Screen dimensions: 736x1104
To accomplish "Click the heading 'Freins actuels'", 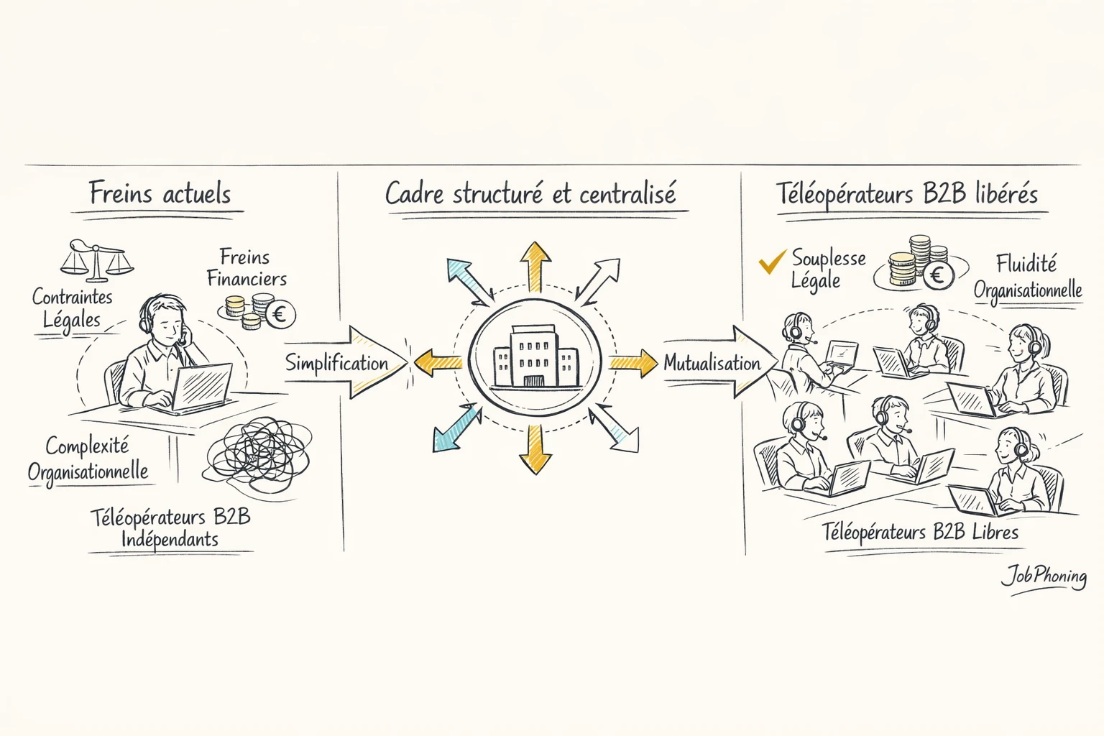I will [x=160, y=194].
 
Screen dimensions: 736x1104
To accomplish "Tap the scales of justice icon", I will [x=96, y=260].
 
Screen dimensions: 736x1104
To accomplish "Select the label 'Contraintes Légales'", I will [x=72, y=308].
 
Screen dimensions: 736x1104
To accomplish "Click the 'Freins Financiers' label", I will [x=246, y=267].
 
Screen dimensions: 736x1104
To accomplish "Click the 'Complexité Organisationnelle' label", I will [x=88, y=459].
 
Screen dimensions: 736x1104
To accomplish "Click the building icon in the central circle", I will [x=535, y=358].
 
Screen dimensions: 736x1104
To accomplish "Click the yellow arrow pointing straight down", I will [x=535, y=449].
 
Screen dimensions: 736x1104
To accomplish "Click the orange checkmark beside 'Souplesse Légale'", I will [x=771, y=262].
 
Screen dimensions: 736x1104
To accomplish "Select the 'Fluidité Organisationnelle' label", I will [x=1028, y=277].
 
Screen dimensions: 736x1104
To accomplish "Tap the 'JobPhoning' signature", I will [x=1044, y=576].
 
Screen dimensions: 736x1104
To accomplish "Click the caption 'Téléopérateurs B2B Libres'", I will [x=920, y=533].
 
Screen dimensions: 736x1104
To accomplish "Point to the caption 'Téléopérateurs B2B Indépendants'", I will [x=170, y=528].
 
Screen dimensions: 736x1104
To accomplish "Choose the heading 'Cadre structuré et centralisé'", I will [x=530, y=194].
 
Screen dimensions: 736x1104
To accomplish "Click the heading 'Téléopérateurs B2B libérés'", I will [x=907, y=194].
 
